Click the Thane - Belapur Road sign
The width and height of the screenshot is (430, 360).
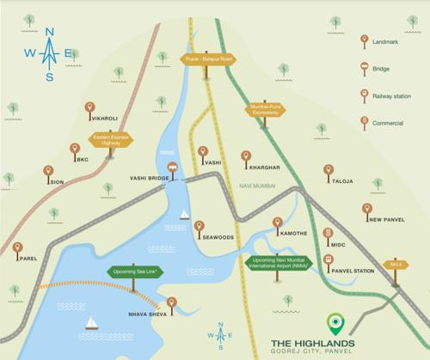208,59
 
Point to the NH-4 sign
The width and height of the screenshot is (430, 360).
396,265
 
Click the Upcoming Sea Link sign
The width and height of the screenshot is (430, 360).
133,272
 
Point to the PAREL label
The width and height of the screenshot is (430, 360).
28,258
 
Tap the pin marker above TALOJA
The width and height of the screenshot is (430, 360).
328,171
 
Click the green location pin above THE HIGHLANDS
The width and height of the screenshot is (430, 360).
335,323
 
